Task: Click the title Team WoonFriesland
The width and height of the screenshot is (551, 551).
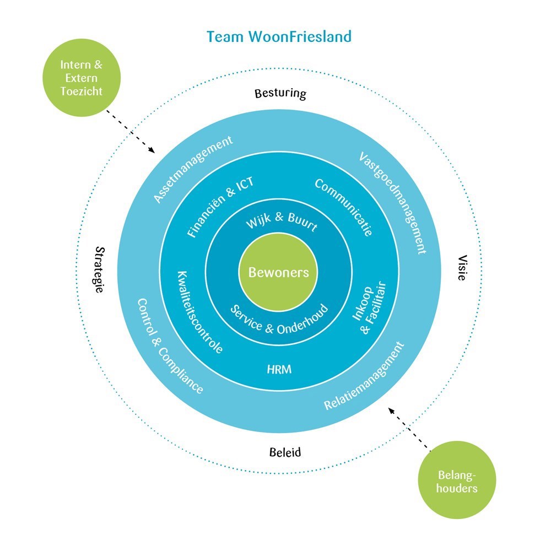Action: point(279,37)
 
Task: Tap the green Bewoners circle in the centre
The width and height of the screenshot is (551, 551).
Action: point(278,272)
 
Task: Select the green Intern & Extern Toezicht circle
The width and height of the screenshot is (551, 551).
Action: point(82,79)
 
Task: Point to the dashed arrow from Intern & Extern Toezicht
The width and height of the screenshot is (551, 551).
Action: point(130,131)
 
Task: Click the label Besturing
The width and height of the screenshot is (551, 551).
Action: point(280,93)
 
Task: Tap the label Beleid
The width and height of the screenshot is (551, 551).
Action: point(285,452)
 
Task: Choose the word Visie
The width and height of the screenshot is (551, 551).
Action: point(461,268)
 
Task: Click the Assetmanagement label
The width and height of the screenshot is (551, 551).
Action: point(192,169)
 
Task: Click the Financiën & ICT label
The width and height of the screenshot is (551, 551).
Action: point(220,207)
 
